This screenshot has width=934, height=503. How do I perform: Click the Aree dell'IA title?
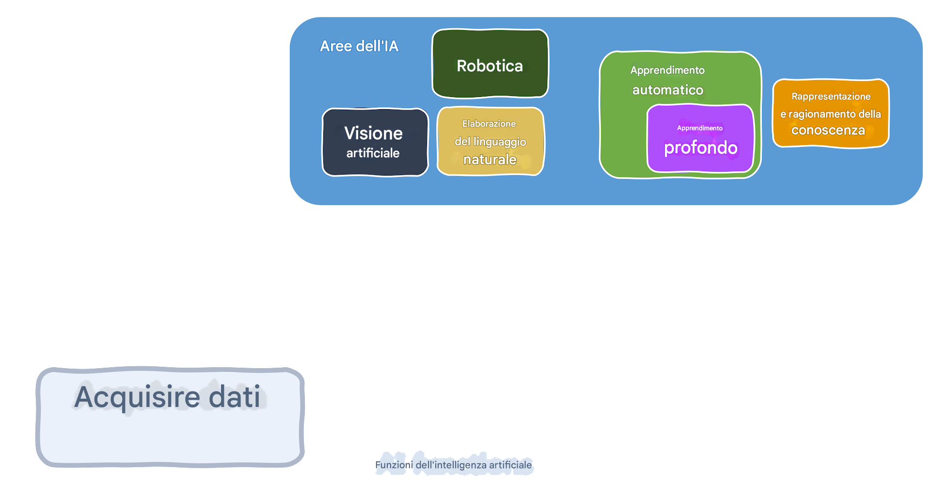tap(359, 46)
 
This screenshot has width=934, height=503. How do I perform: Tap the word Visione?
tap(373, 133)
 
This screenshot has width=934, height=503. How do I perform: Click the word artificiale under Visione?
tap(373, 153)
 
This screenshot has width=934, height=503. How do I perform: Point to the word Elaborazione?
tap(489, 124)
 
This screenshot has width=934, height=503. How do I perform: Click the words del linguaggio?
tap(490, 142)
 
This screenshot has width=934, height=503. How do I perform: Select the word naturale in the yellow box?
tap(490, 160)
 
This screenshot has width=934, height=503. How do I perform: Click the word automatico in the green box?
tap(667, 90)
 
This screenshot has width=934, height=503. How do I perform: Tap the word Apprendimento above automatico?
tap(667, 70)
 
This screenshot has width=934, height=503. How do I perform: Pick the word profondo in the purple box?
tap(700, 148)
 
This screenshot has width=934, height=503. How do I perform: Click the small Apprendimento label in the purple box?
tap(699, 128)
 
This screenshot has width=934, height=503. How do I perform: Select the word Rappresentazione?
tap(831, 97)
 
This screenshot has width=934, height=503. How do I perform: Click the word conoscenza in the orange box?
tap(828, 130)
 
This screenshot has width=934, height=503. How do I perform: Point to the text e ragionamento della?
tap(830, 114)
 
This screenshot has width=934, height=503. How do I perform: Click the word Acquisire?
tap(137, 397)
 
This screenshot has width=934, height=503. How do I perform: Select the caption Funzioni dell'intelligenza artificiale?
tap(453, 465)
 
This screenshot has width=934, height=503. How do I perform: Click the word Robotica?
tap(490, 66)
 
